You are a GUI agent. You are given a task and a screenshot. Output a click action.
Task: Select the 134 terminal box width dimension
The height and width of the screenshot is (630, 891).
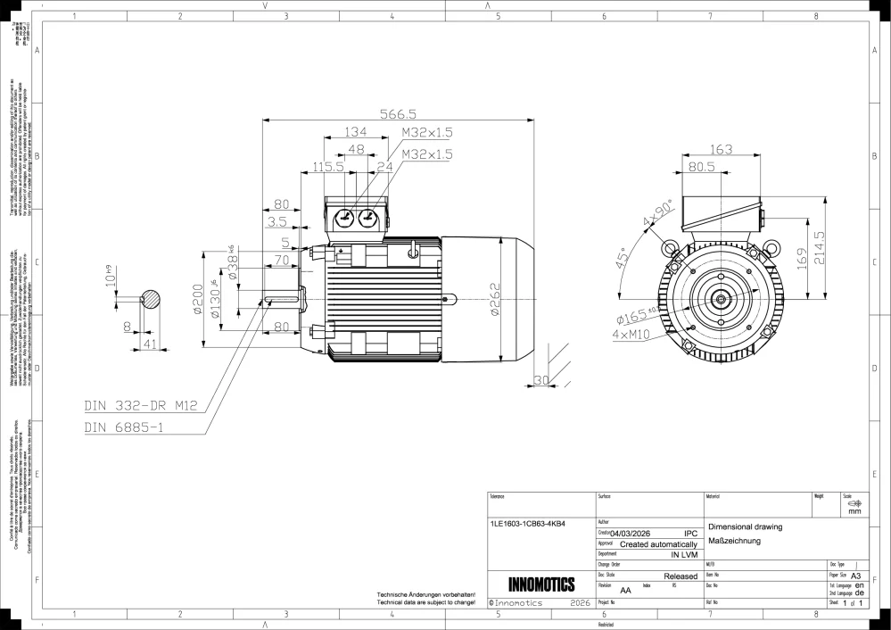pyautogui.click(x=356, y=132)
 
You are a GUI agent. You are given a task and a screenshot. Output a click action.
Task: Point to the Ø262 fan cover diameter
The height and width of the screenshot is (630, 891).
pyautogui.click(x=496, y=301)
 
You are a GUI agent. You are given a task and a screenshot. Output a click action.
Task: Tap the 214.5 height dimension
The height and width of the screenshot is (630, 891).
pyautogui.click(x=820, y=254)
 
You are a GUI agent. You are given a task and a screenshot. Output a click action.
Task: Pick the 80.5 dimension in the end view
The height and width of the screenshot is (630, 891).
pyautogui.click(x=701, y=166)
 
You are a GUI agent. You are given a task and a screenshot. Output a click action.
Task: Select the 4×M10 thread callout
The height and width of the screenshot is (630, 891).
pyautogui.click(x=634, y=335)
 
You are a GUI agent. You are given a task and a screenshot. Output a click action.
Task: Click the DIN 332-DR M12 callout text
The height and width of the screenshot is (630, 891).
pyautogui.click(x=139, y=405)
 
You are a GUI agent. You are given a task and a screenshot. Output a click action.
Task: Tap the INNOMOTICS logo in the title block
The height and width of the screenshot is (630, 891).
pyautogui.click(x=540, y=585)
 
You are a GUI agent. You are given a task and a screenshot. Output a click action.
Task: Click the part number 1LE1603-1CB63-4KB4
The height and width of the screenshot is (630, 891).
pyautogui.click(x=528, y=524)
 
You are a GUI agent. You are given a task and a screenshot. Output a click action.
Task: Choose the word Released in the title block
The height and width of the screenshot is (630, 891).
pyautogui.click(x=681, y=576)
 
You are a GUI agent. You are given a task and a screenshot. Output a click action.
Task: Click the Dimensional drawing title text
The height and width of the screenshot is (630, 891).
pyautogui.click(x=744, y=527)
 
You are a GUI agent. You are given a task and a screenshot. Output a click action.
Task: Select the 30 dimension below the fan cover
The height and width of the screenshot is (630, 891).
pyautogui.click(x=540, y=380)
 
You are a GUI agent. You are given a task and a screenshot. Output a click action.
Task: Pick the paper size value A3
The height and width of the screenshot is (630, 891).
pyautogui.click(x=857, y=576)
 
